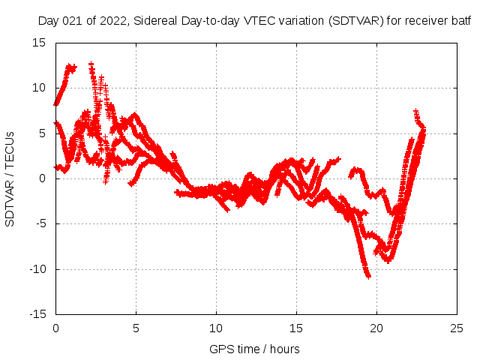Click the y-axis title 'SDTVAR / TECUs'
tap(10, 178)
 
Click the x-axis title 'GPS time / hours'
tap(254, 349)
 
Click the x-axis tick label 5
tap(136, 328)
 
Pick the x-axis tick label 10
tap(216, 328)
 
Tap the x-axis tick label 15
tap(296, 328)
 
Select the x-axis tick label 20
tap(376, 328)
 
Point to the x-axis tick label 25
tap(457, 328)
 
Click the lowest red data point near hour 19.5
tap(368, 276)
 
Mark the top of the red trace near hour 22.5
tap(416, 111)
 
